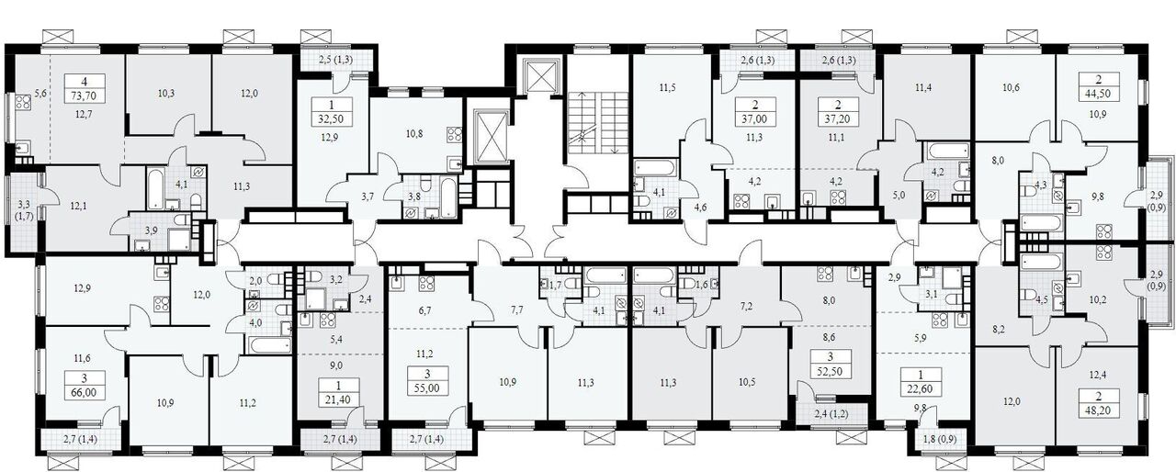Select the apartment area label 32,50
331,119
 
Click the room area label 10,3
166,94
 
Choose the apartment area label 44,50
1100,94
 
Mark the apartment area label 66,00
84,392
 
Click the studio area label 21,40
338,399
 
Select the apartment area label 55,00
427,388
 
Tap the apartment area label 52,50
830,371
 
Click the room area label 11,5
667,87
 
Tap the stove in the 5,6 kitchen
23,100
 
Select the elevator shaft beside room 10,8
488,135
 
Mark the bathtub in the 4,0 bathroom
269,345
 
